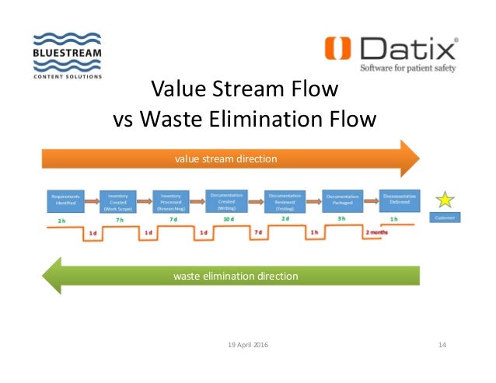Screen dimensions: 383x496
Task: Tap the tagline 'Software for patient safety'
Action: [x=407, y=68]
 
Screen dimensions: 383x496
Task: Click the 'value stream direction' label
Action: [x=225, y=158]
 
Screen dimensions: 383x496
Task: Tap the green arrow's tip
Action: [x=44, y=276]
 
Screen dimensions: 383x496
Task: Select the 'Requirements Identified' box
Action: [x=65, y=201]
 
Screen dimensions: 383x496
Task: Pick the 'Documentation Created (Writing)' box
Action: [x=229, y=200]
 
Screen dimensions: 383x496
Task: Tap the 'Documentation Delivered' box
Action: [x=399, y=200]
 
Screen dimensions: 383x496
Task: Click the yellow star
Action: [x=445, y=200]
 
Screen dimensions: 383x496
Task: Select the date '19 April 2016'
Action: [x=247, y=344]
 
